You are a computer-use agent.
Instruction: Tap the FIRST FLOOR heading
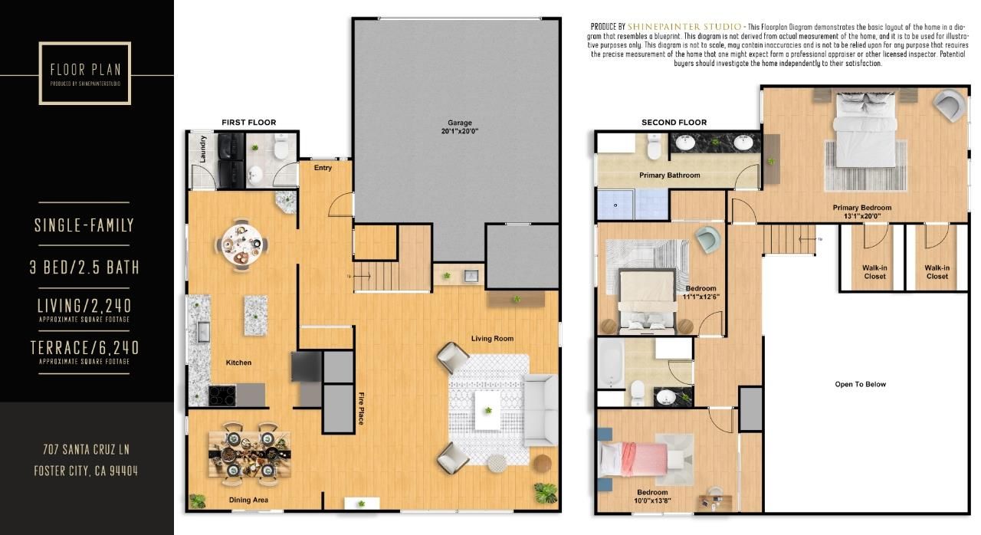[248, 123]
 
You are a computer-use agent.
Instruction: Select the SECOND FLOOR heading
[674, 123]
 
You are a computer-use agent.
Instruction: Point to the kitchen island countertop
[256, 315]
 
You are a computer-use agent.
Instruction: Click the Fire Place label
[360, 409]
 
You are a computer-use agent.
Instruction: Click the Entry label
[323, 168]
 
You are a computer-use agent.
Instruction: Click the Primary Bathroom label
[669, 176]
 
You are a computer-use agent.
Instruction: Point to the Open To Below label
[860, 384]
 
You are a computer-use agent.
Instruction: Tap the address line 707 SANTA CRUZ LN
[86, 448]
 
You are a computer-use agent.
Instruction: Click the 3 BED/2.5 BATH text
[86, 267]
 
